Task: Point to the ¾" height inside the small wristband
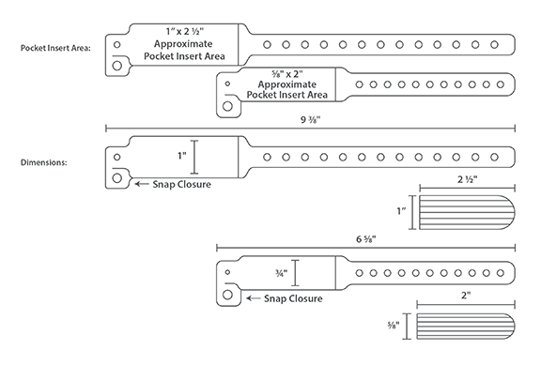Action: coord(278,274)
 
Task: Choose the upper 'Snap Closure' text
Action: coord(181,184)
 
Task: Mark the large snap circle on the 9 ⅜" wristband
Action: coord(116,177)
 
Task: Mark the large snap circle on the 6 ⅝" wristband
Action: coord(228,295)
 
